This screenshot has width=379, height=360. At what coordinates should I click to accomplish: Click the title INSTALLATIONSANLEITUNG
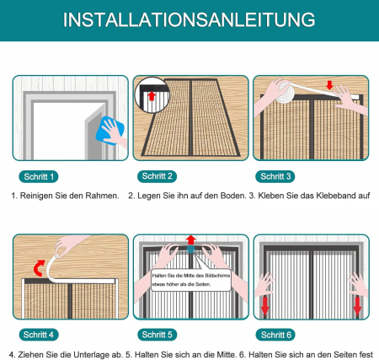[189, 19]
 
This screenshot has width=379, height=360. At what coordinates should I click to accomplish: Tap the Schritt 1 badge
[39, 177]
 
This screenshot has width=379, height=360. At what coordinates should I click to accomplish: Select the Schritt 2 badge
[157, 176]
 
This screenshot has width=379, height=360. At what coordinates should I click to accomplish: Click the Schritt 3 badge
[275, 176]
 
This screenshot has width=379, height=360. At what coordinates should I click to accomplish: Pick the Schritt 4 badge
[39, 335]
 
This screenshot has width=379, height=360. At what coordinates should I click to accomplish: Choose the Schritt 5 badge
[157, 335]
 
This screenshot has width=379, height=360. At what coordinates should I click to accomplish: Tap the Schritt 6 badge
[275, 335]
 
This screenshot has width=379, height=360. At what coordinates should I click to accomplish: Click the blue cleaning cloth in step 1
[110, 131]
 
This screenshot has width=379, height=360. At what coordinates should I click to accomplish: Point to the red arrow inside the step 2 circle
[152, 96]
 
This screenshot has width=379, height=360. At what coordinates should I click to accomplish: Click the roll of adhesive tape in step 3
[284, 93]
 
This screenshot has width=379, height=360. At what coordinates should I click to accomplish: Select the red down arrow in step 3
[329, 85]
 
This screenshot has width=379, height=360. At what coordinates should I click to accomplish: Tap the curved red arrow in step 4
[39, 268]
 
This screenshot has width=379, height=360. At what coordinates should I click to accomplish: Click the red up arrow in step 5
[191, 239]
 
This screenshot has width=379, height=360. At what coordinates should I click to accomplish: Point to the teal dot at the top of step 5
[191, 249]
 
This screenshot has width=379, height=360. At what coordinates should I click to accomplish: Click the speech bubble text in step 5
[191, 280]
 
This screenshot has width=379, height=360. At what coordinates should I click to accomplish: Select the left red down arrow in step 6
[264, 306]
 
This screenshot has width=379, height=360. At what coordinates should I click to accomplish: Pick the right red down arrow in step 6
[357, 306]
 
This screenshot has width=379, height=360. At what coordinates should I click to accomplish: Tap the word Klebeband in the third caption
[336, 196]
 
